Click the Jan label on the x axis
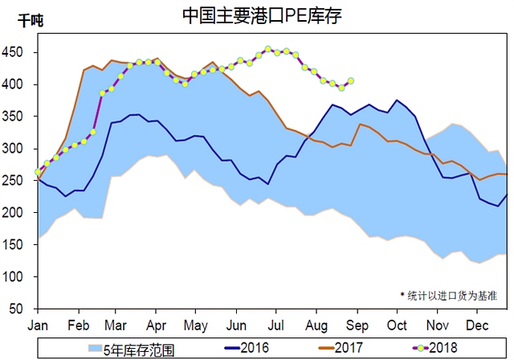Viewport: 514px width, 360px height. click(38, 325)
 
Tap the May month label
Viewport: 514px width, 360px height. click(197, 325)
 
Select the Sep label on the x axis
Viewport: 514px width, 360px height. click(357, 325)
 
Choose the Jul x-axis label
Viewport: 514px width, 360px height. click(276, 325)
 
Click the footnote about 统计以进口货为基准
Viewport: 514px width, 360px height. click(453, 295)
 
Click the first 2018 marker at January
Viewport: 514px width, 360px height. click(38, 172)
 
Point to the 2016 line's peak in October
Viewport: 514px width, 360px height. click(397, 100)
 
